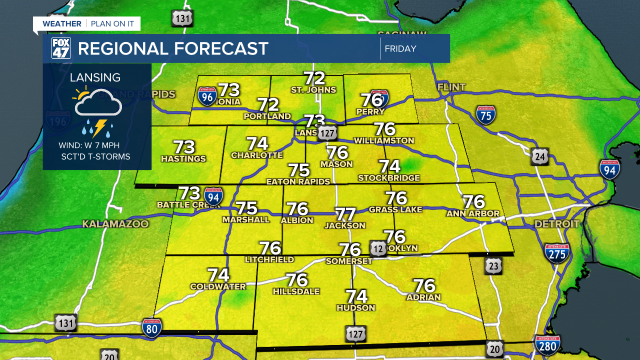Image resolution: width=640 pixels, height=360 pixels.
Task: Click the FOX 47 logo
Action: pos(61,48)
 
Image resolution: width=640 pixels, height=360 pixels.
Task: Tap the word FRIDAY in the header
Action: pos(400,49)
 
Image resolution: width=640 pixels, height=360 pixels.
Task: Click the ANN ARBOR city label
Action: pos(473,213)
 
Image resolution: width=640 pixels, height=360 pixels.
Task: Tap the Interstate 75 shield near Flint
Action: pos(485,115)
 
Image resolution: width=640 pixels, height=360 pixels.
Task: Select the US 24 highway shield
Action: pos(540,156)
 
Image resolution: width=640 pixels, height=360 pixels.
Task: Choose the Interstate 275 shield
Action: pos(557,253)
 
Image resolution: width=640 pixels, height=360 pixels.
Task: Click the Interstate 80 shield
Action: pos(151,328)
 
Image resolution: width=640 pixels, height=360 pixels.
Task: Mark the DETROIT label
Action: pos(557,224)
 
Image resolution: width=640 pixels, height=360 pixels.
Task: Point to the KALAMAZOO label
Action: pos(115,224)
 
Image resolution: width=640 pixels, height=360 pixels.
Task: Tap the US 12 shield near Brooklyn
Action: pos(378,248)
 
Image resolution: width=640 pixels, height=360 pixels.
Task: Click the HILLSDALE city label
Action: pos(296,291)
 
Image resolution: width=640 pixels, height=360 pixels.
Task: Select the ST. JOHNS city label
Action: pos(313,90)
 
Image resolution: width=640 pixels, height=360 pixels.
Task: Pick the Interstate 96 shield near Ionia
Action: pos(207,96)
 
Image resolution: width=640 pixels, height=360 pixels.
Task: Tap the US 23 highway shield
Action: pos(493,266)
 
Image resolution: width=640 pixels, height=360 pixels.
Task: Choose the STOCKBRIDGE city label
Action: pos(388,177)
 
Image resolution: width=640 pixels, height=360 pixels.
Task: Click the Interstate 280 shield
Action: pos(547,344)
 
